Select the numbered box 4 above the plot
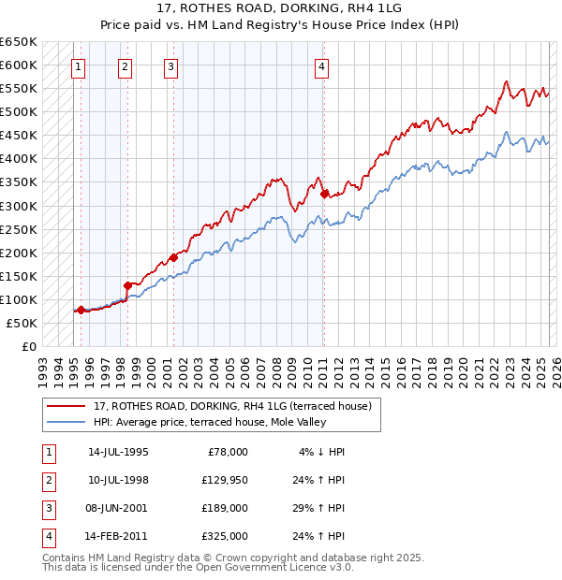pos(321,66)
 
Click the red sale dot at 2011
pos(324,195)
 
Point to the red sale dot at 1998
pos(127,285)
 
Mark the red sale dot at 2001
pos(173,257)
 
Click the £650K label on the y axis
pos(19,42)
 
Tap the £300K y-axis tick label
pos(19,206)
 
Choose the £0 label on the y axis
pos(28,346)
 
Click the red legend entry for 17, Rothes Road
pos(233,406)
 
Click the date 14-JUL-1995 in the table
pos(118,452)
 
